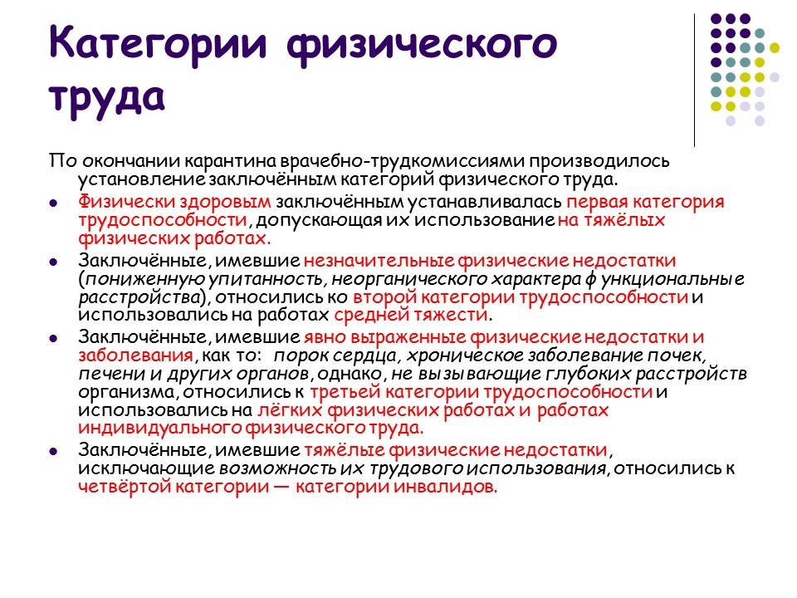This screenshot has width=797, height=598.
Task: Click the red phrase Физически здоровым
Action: pyautogui.click(x=175, y=201)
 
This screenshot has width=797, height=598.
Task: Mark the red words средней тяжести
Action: pyautogui.click(x=411, y=316)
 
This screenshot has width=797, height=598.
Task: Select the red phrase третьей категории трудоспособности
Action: pyautogui.click(x=481, y=391)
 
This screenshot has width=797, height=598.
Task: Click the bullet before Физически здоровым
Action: pyautogui.click(x=53, y=202)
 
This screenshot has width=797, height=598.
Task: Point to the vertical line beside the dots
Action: pyautogui.click(x=694, y=80)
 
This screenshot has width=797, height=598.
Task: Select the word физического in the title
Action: pyautogui.click(x=420, y=43)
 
